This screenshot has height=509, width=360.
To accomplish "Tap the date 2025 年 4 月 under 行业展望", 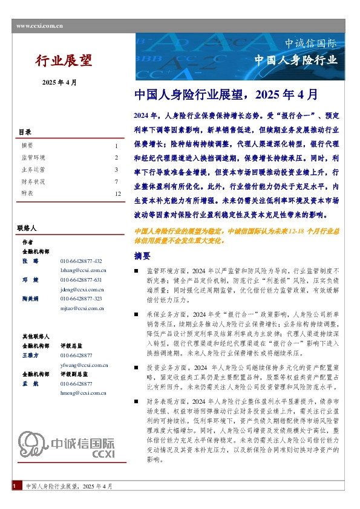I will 59,82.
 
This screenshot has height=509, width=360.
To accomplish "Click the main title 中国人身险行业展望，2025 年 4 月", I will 224,95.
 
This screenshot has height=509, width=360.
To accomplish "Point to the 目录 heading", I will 25,132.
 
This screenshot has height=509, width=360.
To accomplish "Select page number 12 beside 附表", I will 118,193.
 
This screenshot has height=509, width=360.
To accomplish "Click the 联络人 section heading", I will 27,229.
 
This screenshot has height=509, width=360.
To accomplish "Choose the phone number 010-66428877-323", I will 82,299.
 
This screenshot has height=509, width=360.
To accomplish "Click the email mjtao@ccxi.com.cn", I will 83,308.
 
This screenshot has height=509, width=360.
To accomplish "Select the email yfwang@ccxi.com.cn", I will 84,365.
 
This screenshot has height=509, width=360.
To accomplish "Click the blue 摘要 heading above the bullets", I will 142,256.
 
